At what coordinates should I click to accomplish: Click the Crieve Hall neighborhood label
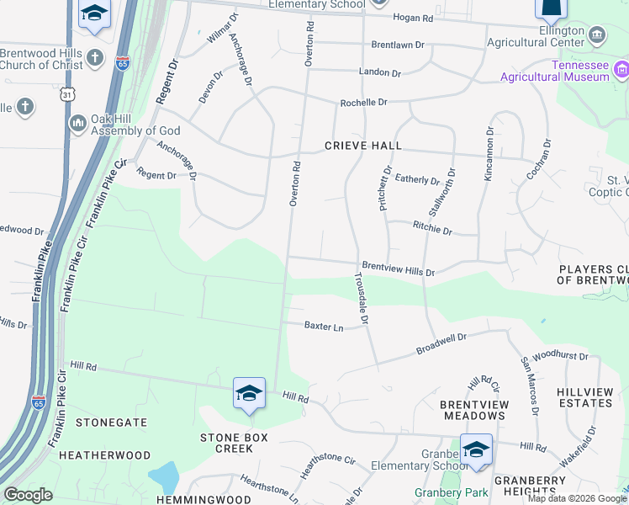tap(363, 146)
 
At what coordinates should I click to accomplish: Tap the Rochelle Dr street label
tap(363, 103)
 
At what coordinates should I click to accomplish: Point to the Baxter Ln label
tap(324, 326)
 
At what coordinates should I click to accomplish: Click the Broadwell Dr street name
tap(441, 343)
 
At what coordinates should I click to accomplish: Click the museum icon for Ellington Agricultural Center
tap(597, 35)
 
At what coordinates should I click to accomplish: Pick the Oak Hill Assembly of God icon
tap(78, 124)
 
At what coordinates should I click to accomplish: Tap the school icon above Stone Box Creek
tap(249, 394)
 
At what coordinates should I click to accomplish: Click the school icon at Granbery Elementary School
tap(476, 449)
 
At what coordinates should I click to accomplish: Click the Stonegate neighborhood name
tap(112, 423)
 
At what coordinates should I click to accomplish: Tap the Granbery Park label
tap(445, 492)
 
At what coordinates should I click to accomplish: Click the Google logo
tap(28, 495)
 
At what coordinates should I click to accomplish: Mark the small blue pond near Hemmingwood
tap(164, 478)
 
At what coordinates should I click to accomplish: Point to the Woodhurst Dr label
tap(560, 356)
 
